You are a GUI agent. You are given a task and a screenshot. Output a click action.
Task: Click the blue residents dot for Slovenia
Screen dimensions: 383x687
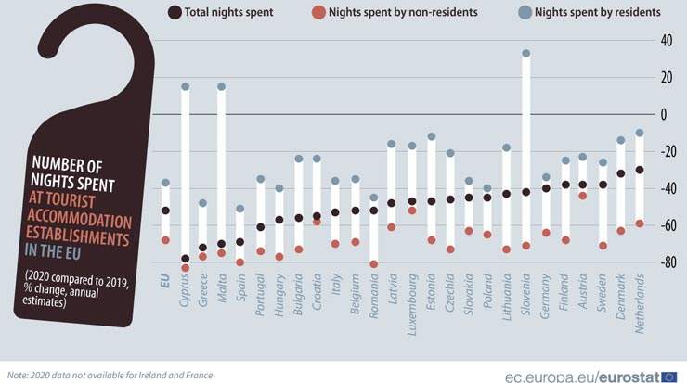tap(525, 54)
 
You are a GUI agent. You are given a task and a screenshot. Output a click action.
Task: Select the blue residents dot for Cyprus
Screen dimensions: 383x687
tap(185, 86)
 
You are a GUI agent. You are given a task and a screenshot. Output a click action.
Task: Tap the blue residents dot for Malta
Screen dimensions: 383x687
tap(222, 86)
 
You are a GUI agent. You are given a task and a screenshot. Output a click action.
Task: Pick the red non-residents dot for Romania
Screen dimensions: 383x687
tap(374, 264)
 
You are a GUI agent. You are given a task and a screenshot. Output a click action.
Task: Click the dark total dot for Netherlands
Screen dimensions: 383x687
tap(640, 170)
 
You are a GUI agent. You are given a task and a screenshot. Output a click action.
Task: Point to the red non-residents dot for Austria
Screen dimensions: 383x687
tap(582, 196)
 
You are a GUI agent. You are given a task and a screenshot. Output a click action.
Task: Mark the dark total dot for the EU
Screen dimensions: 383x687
tap(165, 211)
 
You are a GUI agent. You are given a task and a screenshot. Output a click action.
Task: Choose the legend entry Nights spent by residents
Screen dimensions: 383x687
tap(595, 12)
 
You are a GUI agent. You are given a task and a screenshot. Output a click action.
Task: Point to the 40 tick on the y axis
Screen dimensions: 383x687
tap(668, 41)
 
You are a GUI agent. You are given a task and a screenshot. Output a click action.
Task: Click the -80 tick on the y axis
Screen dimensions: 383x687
tap(666, 263)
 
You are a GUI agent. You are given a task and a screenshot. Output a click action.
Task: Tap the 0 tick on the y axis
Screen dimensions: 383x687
tap(663, 115)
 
